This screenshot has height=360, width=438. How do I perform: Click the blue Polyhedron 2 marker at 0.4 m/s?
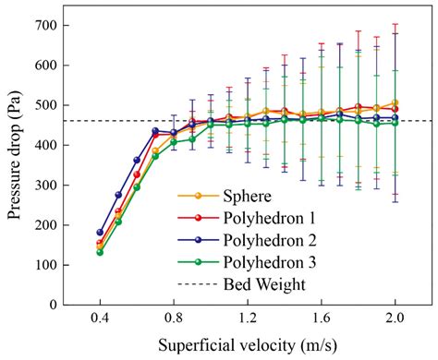tap(100, 233)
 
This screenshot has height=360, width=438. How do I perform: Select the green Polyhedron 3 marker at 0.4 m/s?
tap(100, 252)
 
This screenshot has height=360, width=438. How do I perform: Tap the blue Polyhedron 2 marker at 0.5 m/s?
tap(118, 195)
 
